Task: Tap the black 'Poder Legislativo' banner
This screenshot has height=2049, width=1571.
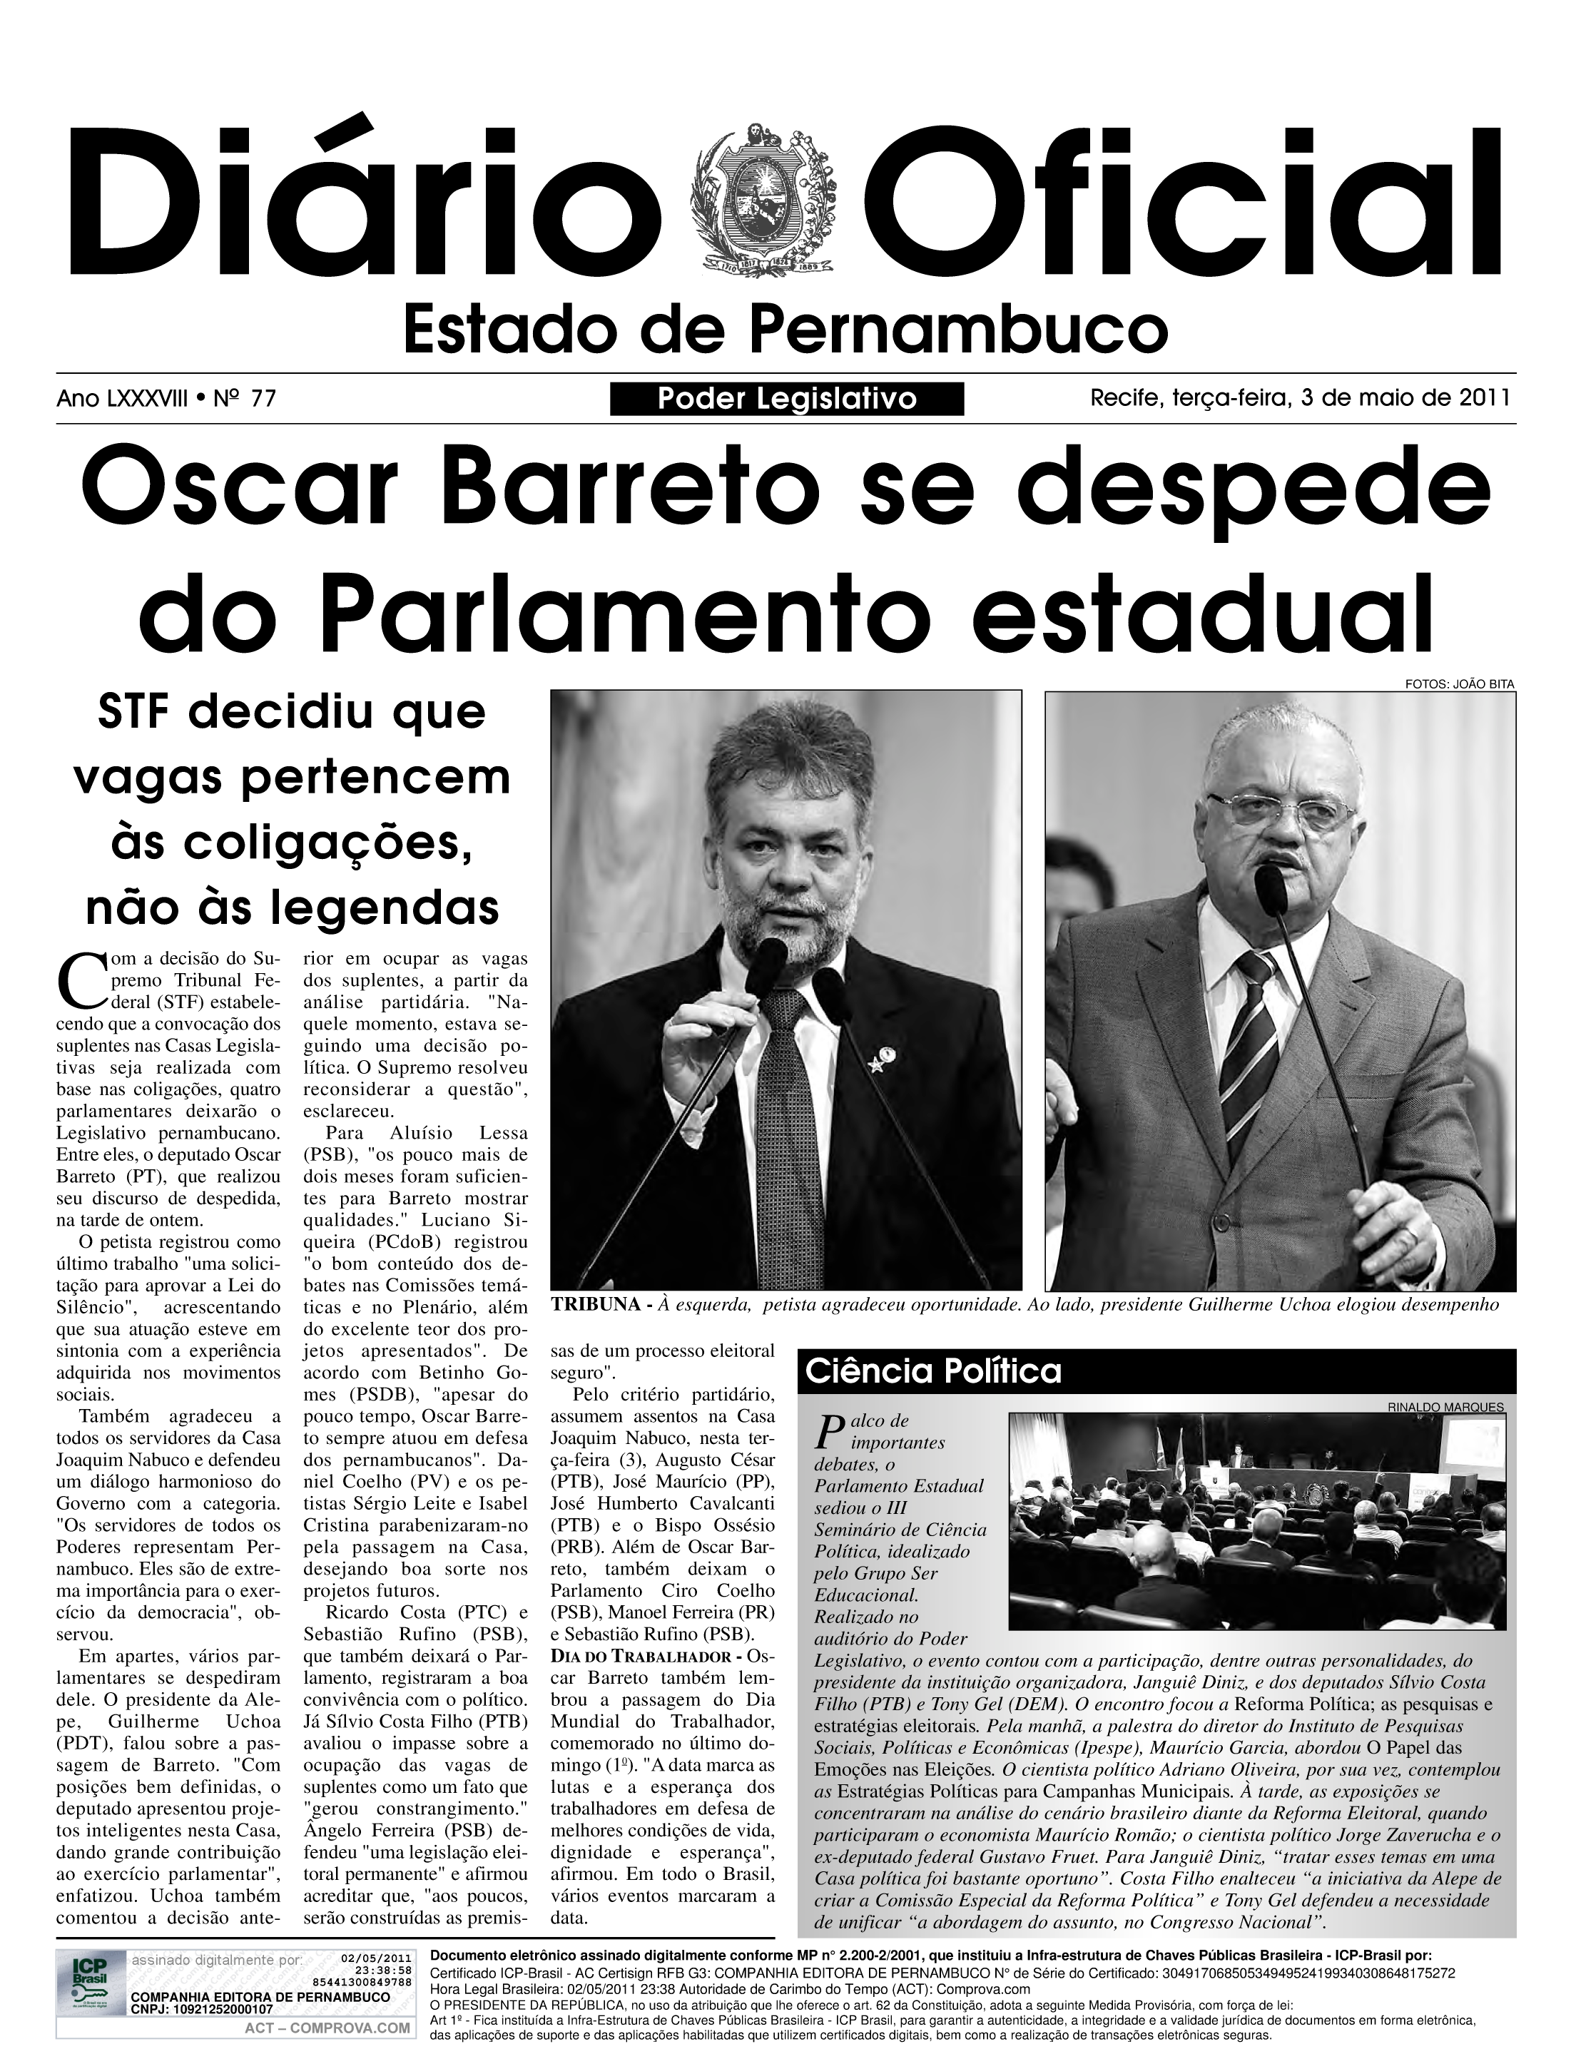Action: tap(786, 400)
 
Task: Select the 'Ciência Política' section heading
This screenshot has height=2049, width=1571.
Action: tap(933, 1372)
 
